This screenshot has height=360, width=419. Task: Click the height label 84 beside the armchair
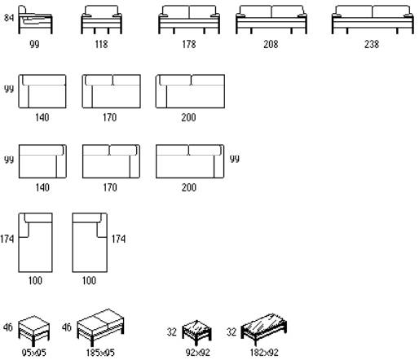9,18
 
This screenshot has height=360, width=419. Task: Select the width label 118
101,44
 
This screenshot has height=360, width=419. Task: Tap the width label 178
189,44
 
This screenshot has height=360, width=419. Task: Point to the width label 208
271,44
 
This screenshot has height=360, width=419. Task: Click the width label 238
372,44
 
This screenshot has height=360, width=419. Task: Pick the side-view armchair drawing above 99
35,20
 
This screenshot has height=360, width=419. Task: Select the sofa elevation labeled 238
373,20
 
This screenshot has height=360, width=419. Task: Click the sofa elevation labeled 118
101,20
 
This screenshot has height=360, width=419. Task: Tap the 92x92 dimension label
197,353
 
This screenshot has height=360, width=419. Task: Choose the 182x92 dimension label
264,353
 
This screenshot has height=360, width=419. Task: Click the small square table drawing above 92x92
196,332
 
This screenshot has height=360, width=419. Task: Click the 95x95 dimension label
34,353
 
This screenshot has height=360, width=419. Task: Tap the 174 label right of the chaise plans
118,239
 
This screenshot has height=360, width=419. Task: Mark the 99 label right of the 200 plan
235,159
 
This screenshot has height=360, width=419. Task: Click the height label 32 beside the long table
232,331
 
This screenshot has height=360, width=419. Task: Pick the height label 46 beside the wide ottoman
67,327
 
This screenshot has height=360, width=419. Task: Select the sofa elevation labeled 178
189,20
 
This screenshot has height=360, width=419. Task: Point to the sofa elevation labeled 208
271,20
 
